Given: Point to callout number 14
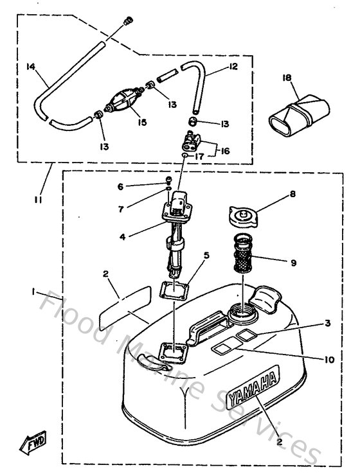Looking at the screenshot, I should (30, 66).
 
